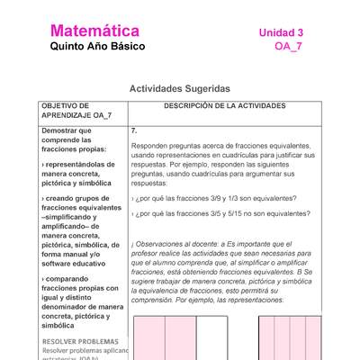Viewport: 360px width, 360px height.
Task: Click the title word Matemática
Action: click(x=94, y=31)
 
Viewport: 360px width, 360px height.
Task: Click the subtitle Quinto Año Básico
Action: click(x=96, y=47)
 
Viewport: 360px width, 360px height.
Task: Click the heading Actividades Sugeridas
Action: click(x=179, y=89)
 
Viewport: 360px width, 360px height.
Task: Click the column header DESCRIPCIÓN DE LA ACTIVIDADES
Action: click(x=224, y=106)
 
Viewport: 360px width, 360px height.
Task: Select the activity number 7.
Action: click(x=134, y=130)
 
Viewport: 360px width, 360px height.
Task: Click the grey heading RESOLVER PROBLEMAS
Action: click(x=79, y=342)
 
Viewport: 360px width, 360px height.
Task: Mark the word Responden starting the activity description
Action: click(x=151, y=146)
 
